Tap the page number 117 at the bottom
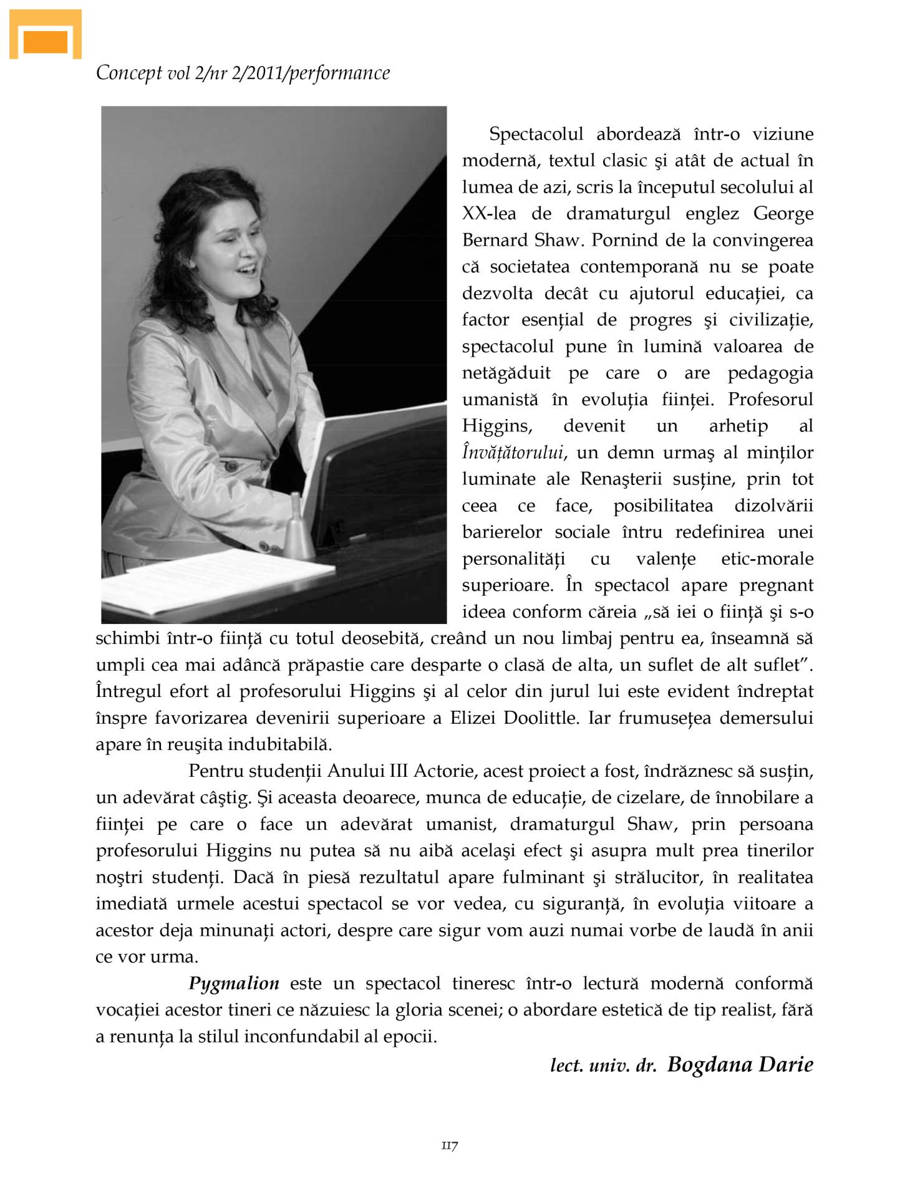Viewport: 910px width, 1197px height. click(450, 1145)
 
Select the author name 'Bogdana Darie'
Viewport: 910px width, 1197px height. click(740, 1064)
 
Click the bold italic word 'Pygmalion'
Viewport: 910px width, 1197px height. click(234, 984)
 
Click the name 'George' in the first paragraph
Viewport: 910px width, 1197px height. click(783, 214)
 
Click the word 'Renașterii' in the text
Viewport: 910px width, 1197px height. click(632, 479)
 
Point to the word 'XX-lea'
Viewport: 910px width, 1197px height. click(489, 214)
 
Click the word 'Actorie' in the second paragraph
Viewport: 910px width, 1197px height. click(443, 771)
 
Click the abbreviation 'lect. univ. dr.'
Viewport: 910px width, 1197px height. click(603, 1066)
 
